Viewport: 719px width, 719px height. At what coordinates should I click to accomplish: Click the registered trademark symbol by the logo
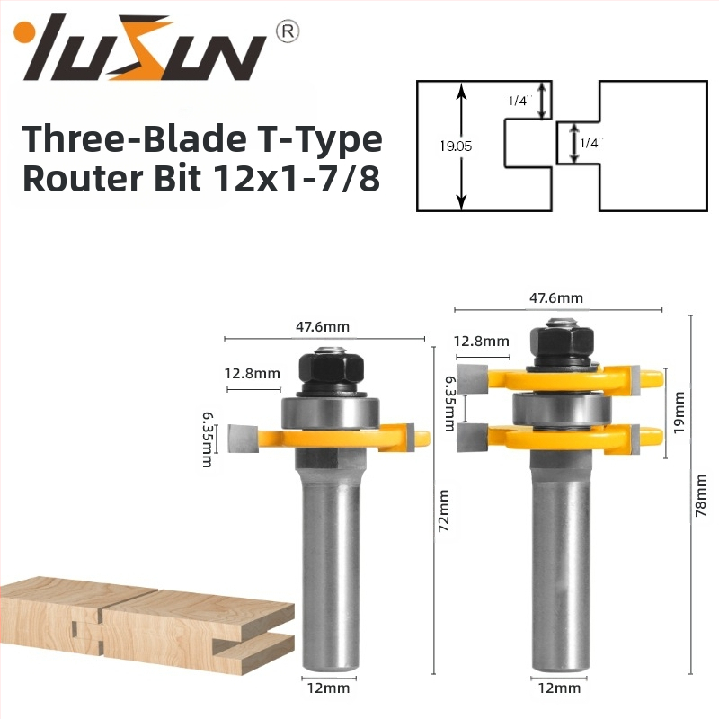287,31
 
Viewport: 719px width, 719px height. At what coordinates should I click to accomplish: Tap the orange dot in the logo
21,32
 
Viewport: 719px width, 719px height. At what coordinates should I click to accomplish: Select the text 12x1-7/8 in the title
297,178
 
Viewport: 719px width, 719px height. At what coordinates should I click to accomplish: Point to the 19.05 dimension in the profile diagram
456,146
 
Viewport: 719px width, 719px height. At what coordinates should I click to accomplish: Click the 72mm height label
444,510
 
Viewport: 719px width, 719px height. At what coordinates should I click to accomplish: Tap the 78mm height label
700,496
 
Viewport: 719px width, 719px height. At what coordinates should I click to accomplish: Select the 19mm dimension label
679,413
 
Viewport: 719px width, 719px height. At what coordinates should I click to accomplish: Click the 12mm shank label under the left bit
328,688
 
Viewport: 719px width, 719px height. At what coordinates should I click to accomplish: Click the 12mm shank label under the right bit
559,688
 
